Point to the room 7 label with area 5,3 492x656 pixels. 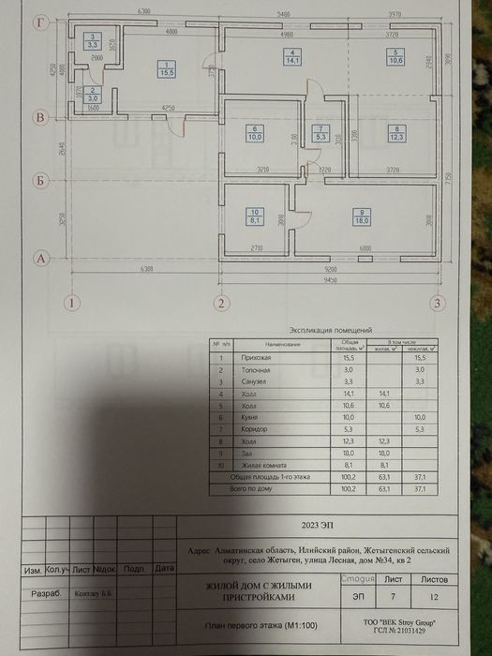[321, 133]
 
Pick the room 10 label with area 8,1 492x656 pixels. [254, 216]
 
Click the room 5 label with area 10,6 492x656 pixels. [396, 56]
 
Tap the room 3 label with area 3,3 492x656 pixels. [93, 40]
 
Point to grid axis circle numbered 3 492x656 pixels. [437, 302]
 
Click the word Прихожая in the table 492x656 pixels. [258, 359]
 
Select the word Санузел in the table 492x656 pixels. [256, 382]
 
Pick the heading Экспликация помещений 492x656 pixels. [332, 331]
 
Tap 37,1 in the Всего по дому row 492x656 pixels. [419, 488]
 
